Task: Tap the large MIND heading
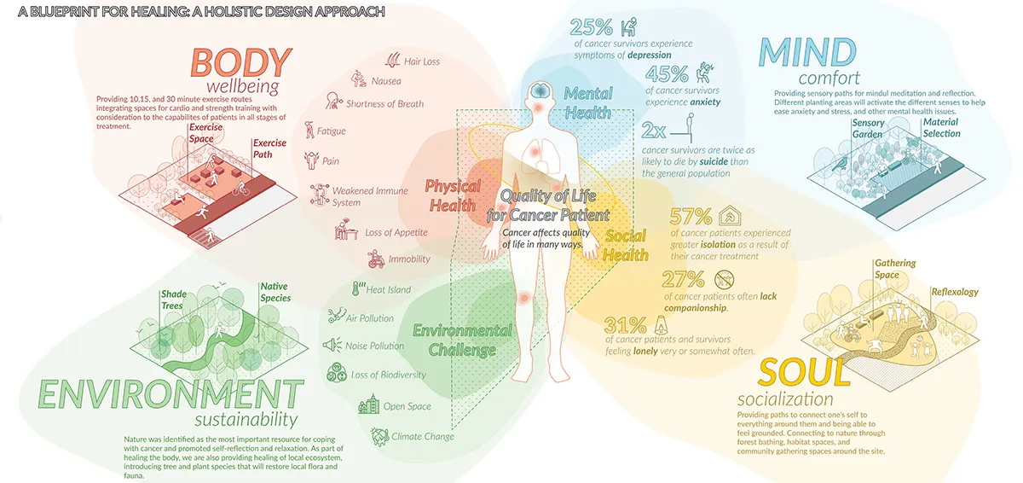[806, 52]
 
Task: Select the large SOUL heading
[804, 374]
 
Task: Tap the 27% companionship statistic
[684, 278]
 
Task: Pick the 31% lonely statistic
[626, 324]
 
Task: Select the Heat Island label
[388, 289]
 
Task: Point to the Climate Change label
[422, 436]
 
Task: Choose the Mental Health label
[588, 102]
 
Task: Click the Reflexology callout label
[955, 292]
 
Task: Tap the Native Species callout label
[275, 292]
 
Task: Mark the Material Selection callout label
[940, 127]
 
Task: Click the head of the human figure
[539, 92]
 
